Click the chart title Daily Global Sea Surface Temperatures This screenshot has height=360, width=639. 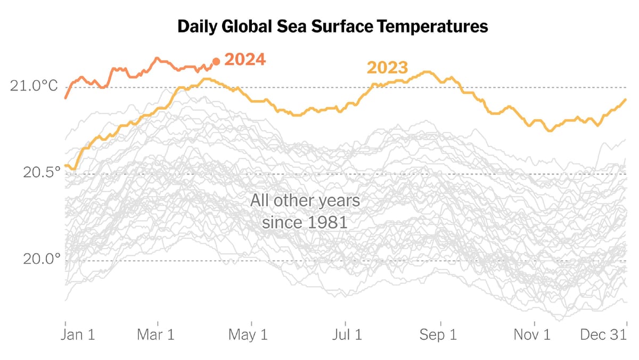pyautogui.click(x=332, y=27)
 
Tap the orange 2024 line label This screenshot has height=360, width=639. pyautogui.click(x=245, y=59)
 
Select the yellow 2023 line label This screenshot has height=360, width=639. pyautogui.click(x=387, y=68)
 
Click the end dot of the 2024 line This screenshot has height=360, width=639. pyautogui.click(x=216, y=62)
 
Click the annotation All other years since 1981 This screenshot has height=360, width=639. pyautogui.click(x=305, y=211)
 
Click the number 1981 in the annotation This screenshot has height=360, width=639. pyautogui.click(x=326, y=222)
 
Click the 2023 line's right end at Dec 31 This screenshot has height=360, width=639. pyautogui.click(x=626, y=100)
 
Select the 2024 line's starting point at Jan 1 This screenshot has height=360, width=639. pyautogui.click(x=65, y=98)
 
